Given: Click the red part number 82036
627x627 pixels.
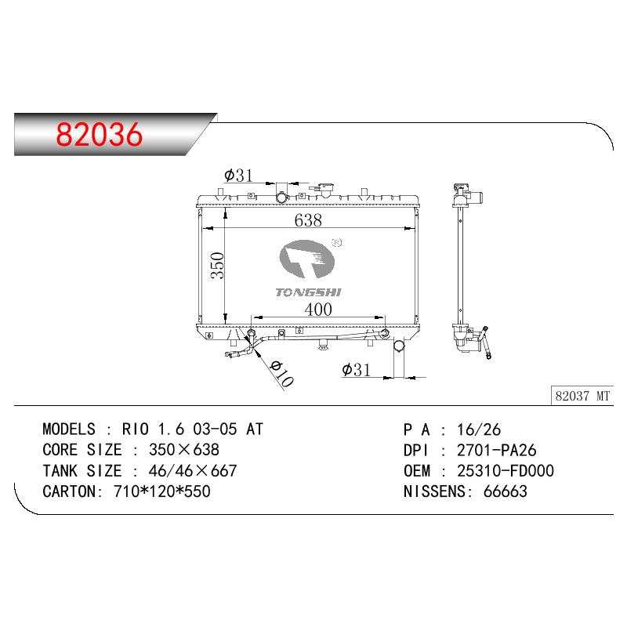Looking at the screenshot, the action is click(x=100, y=134).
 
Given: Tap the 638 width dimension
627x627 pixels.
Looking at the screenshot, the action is click(x=308, y=220).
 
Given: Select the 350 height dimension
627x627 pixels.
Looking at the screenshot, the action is click(x=218, y=265).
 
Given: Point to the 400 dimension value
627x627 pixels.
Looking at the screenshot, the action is click(x=318, y=310).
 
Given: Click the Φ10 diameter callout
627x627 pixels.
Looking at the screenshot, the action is click(x=281, y=374).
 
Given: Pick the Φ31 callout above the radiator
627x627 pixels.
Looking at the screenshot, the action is click(x=238, y=175).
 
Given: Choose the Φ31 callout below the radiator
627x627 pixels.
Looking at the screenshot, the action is click(x=356, y=370).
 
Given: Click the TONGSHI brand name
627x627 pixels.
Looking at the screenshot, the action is click(x=308, y=292).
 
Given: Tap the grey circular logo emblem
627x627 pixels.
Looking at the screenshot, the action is click(x=306, y=259).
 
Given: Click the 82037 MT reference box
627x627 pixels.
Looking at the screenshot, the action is click(x=582, y=396).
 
